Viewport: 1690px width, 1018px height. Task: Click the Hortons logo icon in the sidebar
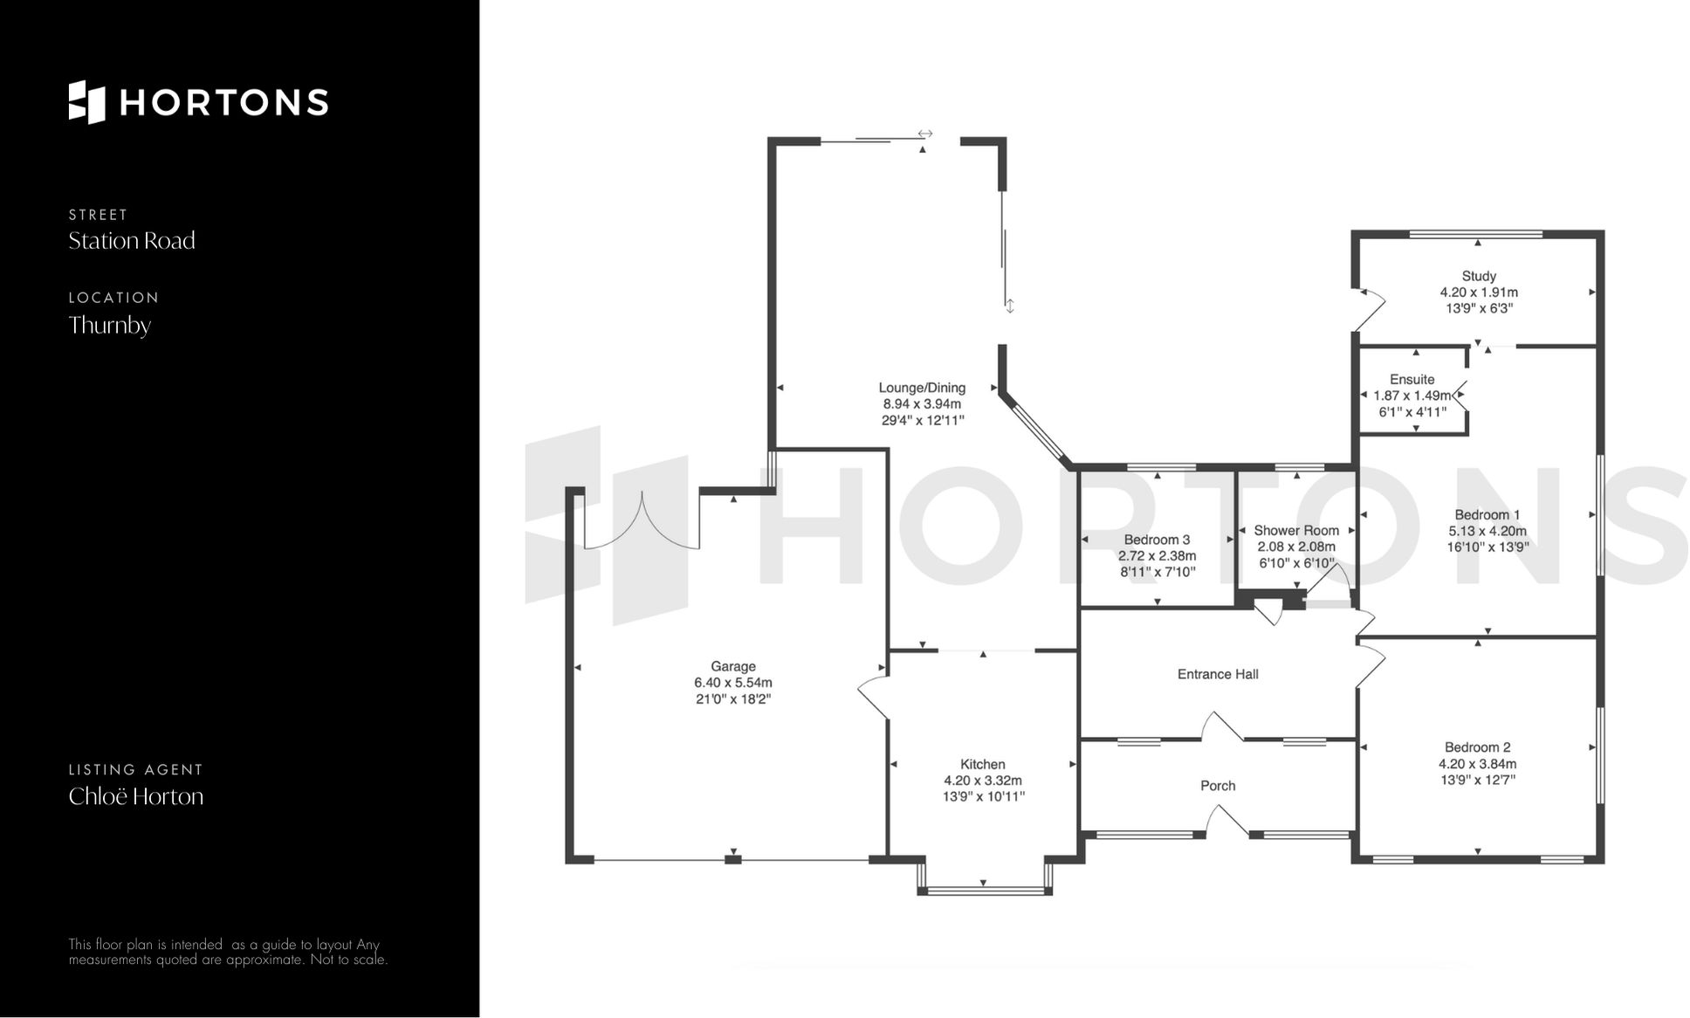[x=86, y=102]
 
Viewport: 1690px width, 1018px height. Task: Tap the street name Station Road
[x=132, y=241]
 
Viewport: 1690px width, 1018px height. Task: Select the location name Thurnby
[x=110, y=326]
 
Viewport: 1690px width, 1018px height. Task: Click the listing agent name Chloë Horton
[x=136, y=796]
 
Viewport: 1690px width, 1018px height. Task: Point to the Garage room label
[x=732, y=666]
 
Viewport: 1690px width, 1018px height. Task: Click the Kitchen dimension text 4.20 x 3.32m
[x=982, y=781]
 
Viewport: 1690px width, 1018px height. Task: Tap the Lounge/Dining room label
[x=922, y=388]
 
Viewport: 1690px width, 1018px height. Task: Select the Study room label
[x=1479, y=276]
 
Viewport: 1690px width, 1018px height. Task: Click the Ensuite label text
[x=1412, y=380]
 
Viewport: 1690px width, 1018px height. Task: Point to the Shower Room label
[x=1295, y=531]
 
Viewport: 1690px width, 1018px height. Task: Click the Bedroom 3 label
[x=1157, y=540]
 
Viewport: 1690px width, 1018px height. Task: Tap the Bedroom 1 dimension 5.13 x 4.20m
[x=1487, y=531]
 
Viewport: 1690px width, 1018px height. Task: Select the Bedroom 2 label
[x=1477, y=747]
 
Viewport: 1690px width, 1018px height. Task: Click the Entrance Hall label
[x=1217, y=674]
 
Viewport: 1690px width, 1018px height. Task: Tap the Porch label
[x=1217, y=786]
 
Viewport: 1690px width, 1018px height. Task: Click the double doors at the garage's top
[x=642, y=524]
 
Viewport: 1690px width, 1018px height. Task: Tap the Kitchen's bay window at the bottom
[x=984, y=891]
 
